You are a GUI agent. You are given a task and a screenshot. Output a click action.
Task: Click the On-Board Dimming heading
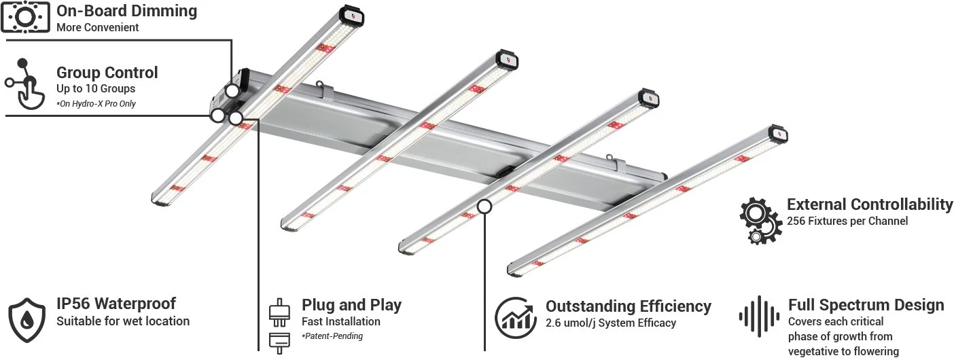tap(126, 11)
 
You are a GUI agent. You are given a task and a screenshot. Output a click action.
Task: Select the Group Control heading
tap(107, 73)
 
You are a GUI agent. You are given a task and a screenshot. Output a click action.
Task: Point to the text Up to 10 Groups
tap(95, 89)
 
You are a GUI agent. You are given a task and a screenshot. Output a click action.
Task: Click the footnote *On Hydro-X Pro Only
tap(96, 104)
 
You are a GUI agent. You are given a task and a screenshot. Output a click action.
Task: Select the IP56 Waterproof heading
tap(116, 304)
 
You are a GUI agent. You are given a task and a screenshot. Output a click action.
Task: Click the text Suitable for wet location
tap(122, 321)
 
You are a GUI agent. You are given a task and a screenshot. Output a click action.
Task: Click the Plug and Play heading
tap(351, 305)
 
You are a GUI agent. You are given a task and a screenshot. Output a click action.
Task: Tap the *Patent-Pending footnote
tap(332, 336)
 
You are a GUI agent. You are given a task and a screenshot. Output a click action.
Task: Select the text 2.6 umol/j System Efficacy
tap(611, 323)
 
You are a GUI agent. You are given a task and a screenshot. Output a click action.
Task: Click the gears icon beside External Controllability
tap(760, 219)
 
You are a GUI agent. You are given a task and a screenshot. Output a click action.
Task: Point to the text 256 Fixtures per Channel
tap(847, 221)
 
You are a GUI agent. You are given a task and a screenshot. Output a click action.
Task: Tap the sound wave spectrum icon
tap(758, 317)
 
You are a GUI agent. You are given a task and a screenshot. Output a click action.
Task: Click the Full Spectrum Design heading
tap(866, 305)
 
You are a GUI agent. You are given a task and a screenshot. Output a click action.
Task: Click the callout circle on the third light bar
tap(484, 206)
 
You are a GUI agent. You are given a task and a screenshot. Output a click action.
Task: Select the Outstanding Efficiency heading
tap(629, 306)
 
